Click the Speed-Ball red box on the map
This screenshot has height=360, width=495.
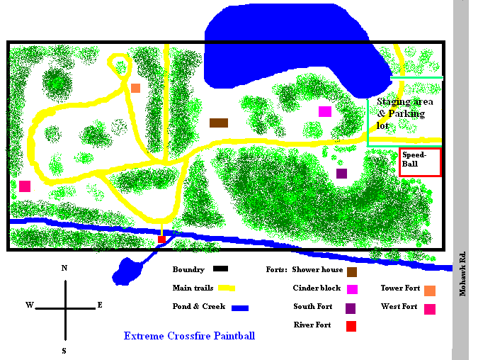click(420, 162)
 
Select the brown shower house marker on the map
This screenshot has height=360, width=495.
click(219, 123)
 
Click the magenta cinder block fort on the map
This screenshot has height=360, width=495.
click(325, 111)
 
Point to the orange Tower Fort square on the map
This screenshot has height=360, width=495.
click(135, 88)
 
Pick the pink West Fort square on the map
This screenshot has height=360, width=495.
click(25, 186)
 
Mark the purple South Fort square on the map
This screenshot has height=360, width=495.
click(342, 173)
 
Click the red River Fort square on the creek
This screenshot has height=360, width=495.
click(161, 240)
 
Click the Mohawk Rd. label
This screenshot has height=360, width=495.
click(462, 273)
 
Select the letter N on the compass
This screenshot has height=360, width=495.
click(64, 268)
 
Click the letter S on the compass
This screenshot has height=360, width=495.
click(64, 350)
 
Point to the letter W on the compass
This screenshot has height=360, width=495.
click(30, 305)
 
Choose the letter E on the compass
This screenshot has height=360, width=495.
click(100, 305)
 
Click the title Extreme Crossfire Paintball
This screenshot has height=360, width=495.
click(189, 336)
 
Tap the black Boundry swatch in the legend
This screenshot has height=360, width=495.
click(221, 269)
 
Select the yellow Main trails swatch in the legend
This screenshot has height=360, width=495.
click(227, 288)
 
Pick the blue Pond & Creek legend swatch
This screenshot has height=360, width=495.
click(240, 308)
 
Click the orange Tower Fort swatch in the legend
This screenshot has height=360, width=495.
click(430, 290)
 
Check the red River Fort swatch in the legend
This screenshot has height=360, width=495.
click(351, 326)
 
